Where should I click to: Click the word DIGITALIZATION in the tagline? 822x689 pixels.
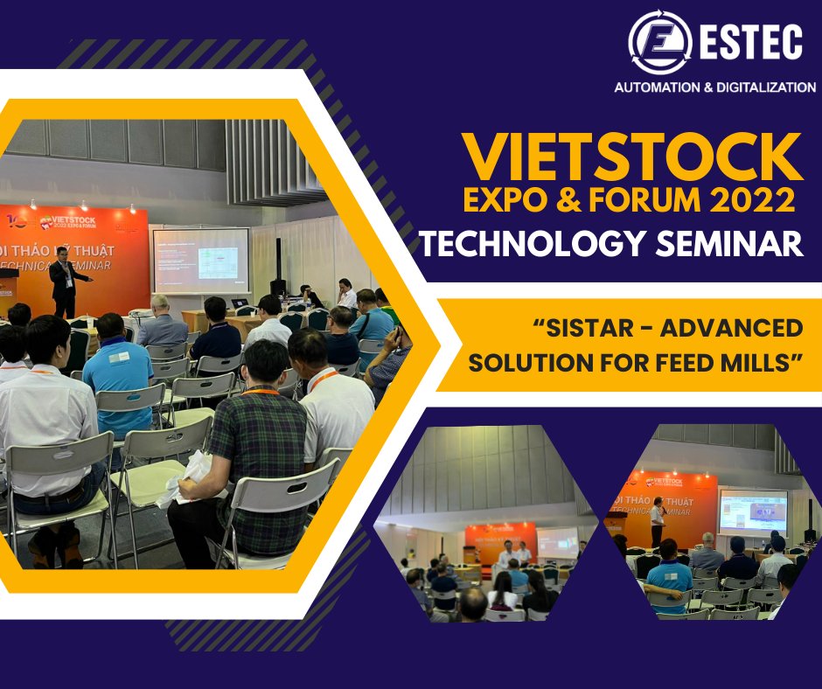coord(766,87)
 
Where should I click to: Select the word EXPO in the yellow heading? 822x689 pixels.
coord(508,200)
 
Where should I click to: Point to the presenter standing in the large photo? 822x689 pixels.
coord(65,280)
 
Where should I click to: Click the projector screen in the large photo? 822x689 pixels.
coord(200,261)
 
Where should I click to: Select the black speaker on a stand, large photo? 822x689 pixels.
coord(278,262)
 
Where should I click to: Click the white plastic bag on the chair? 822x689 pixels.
coord(188,477)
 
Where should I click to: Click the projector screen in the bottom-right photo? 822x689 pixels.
coord(752,511)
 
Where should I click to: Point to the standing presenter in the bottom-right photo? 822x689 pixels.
coord(656,521)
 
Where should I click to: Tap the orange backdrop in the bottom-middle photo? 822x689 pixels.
coord(498,542)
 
